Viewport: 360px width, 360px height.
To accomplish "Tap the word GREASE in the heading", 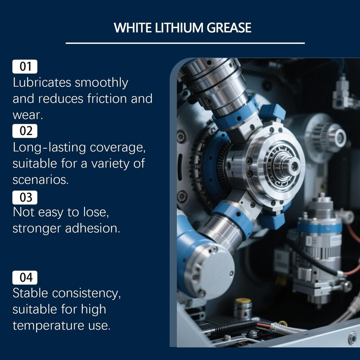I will click(229, 28).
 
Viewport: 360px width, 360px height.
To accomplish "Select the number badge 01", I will click(25, 66).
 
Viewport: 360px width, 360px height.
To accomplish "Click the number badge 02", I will click(25, 131).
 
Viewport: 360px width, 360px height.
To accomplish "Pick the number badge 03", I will click(25, 197).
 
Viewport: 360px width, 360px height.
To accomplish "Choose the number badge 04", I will click(25, 278).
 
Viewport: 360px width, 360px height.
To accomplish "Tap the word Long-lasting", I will click(49, 148).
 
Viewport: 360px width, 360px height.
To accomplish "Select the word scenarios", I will click(40, 180).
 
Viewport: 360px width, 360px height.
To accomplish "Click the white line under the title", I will click(185, 43).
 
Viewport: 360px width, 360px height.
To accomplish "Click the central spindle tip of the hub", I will click(294, 166).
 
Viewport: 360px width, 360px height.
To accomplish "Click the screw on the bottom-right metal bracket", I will click(352, 338).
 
